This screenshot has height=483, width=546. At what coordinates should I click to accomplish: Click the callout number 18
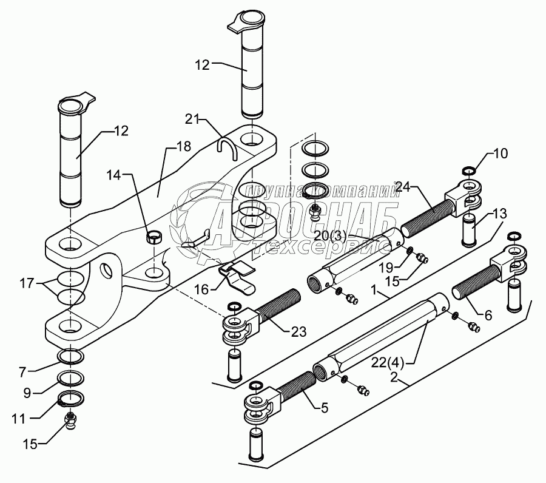(x=183, y=146)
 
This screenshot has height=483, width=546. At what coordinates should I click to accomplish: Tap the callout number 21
(x=192, y=119)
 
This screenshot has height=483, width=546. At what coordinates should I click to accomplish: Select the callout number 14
(x=114, y=175)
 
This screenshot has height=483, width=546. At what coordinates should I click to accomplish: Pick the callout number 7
(x=22, y=372)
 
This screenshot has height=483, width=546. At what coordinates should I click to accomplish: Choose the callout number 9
(x=27, y=393)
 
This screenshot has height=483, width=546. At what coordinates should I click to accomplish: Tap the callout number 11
(x=19, y=419)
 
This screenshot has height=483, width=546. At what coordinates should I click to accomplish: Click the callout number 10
(x=500, y=154)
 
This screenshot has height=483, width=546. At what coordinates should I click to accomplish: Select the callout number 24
(x=403, y=187)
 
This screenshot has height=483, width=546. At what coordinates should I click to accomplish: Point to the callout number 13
(x=500, y=214)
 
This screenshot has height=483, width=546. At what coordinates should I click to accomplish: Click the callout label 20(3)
(x=329, y=237)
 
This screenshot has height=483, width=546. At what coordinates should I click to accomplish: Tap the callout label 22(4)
(x=387, y=363)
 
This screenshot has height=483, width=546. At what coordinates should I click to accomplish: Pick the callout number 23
(x=298, y=332)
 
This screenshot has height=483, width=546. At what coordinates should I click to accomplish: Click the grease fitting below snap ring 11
(x=71, y=422)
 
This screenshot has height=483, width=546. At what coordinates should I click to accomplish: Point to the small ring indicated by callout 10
(x=469, y=171)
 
